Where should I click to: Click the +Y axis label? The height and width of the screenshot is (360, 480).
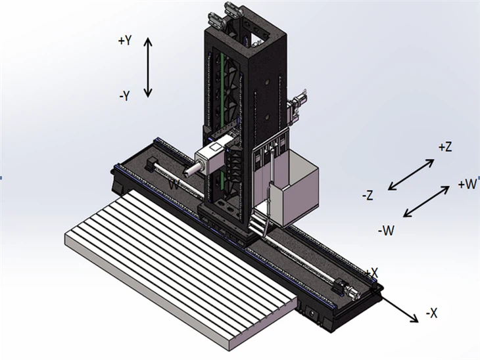(x=125, y=41)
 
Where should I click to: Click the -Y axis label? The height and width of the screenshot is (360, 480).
(x=125, y=96)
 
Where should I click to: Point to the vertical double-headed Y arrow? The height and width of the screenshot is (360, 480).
(x=148, y=67)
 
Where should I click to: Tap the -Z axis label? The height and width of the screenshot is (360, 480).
(x=368, y=194)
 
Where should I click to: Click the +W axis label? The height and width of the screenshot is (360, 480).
(x=467, y=185)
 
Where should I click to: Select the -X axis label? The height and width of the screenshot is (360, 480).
(x=431, y=313)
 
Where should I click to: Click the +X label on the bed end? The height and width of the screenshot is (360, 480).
(x=372, y=272)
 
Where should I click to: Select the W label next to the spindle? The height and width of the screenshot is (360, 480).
(x=173, y=185)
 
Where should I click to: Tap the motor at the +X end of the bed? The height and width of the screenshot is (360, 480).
(x=345, y=287)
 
